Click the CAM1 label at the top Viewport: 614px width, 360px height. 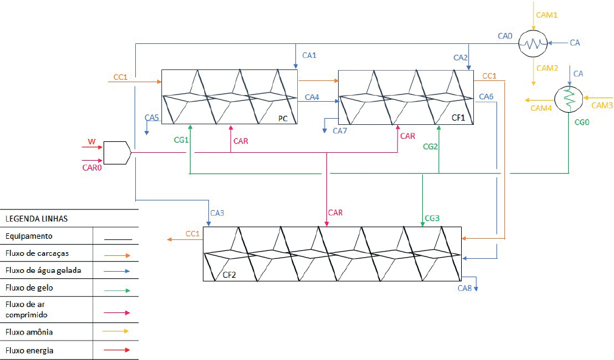tap(546, 15)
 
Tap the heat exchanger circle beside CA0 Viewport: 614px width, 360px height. tap(533, 43)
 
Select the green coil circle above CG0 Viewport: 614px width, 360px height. tap(568, 99)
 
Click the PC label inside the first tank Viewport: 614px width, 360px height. tap(283, 118)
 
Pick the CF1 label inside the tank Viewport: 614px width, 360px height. tap(458, 118)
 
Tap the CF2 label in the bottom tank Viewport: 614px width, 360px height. tap(229, 275)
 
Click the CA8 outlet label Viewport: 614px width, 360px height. tap(465, 288)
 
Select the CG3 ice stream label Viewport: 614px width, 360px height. tap(432, 218)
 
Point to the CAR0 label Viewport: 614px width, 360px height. tap(92, 168)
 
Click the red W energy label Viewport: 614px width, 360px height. tap(91, 141)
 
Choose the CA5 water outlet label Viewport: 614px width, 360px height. tap(152, 118)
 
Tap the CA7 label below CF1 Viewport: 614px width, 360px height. tap(340, 130)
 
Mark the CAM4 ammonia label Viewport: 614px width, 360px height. tap(541, 108)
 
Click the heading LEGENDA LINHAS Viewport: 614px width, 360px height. tap(37, 219)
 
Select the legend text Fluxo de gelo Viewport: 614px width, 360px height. tap(29, 288)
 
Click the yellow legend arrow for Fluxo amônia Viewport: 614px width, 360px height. tap(116, 331)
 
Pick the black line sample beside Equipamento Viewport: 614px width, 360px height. tap(118, 239)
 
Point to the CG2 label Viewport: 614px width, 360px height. tap(430, 147)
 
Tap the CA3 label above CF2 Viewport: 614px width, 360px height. tap(217, 213)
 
